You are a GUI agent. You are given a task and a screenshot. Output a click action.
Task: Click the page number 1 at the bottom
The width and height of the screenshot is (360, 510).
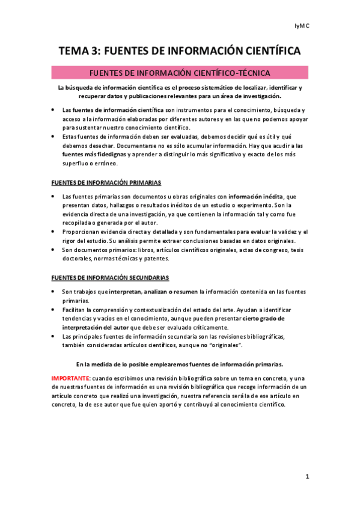(307, 476)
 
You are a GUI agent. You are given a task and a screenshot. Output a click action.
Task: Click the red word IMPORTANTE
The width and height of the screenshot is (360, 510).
(69, 378)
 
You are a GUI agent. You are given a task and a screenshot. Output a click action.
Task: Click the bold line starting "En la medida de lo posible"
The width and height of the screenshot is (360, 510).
(180, 364)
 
